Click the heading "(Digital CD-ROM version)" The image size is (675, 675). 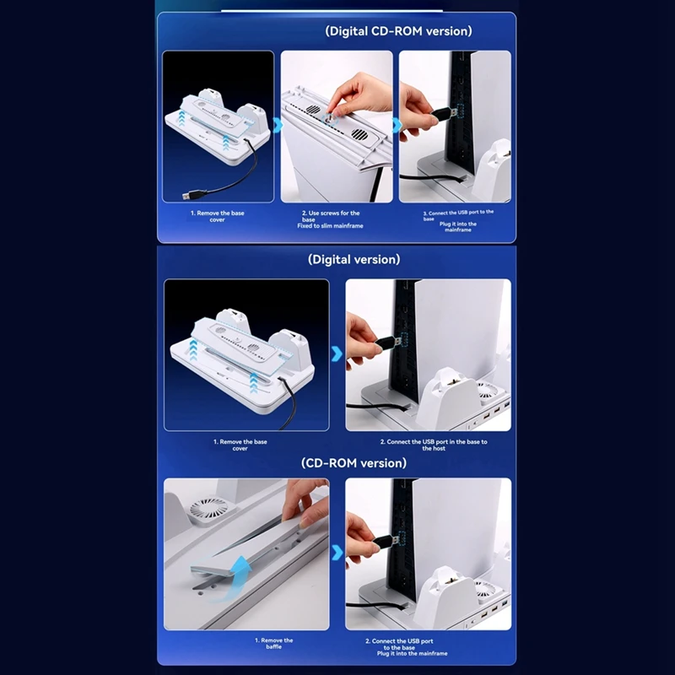pyautogui.click(x=398, y=31)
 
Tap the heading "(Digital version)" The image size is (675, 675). pyautogui.click(x=354, y=259)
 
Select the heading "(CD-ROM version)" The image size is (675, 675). pyautogui.click(x=354, y=462)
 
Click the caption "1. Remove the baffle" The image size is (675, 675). pyautogui.click(x=273, y=643)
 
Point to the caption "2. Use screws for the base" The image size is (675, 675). pyautogui.click(x=331, y=216)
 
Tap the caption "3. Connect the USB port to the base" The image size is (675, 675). pyautogui.click(x=458, y=215)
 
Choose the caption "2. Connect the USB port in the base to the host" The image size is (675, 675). pyautogui.click(x=434, y=445)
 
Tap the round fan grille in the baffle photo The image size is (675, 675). pyautogui.click(x=209, y=510)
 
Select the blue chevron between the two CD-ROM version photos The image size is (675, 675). pyautogui.click(x=337, y=553)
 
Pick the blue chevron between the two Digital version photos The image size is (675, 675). pyautogui.click(x=337, y=354)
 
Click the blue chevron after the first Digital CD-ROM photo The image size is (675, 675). pyautogui.click(x=278, y=125)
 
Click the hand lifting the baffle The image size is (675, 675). pyautogui.click(x=306, y=504)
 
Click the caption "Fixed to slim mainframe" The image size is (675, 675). pyautogui.click(x=330, y=225)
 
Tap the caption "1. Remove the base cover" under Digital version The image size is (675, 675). pyautogui.click(x=240, y=445)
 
